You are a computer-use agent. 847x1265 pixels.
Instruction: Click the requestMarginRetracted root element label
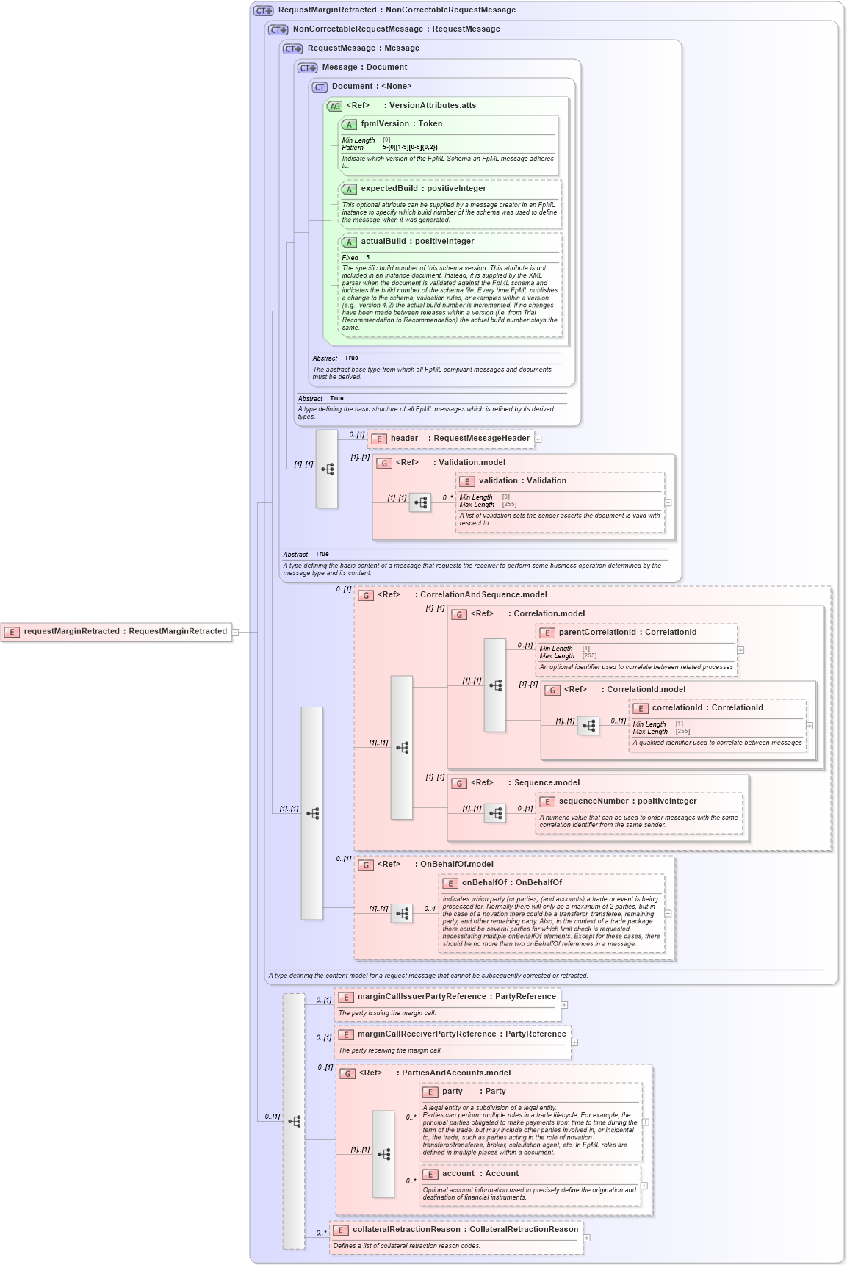click(125, 631)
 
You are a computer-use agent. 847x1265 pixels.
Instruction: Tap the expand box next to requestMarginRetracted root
click(236, 632)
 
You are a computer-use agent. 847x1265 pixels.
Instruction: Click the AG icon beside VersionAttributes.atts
click(335, 106)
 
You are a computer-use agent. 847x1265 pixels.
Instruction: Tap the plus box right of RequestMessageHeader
click(538, 439)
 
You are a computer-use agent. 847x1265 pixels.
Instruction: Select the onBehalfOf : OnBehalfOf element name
click(511, 883)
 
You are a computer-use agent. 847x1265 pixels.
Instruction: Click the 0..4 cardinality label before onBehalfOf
click(430, 909)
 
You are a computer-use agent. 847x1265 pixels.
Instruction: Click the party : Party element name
click(474, 1092)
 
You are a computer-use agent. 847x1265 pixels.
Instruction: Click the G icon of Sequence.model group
click(459, 783)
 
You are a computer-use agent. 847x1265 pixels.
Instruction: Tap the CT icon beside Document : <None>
click(320, 87)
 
